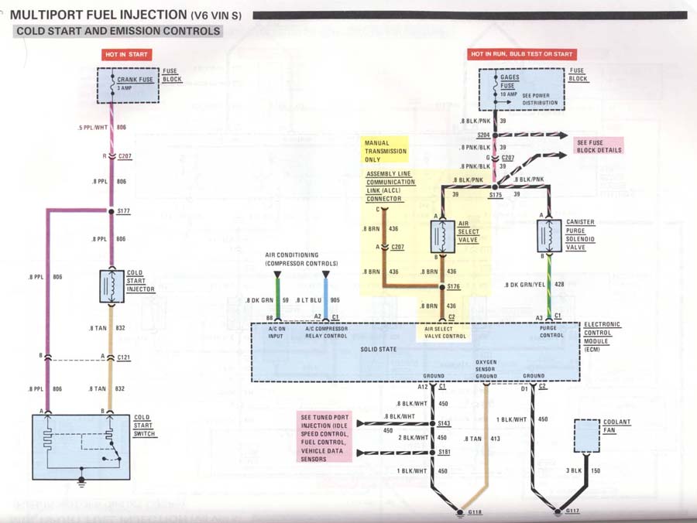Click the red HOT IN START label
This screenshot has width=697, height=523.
[126, 54]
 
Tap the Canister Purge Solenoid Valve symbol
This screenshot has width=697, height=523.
[549, 236]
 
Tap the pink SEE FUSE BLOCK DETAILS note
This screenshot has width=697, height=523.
[599, 145]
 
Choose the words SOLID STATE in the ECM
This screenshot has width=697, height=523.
[378, 349]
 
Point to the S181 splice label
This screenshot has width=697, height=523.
[444, 453]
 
